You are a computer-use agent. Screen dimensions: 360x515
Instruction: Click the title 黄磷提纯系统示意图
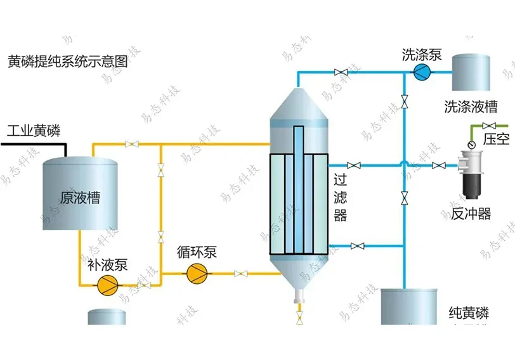(x=68, y=62)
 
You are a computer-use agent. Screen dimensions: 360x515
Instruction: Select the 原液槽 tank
(x=80, y=193)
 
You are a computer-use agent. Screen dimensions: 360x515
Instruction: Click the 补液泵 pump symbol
(x=103, y=285)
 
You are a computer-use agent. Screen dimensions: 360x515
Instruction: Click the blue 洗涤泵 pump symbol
(x=420, y=72)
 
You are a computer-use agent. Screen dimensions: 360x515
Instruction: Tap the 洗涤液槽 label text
(x=470, y=105)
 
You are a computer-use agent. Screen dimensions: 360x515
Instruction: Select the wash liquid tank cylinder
(x=470, y=72)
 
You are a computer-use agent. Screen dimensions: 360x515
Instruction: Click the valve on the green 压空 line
(x=489, y=125)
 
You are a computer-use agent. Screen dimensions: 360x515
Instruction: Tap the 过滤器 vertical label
(x=341, y=198)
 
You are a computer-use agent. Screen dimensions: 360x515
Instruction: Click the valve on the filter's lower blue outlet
(x=358, y=245)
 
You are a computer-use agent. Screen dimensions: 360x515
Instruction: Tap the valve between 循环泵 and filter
(x=240, y=274)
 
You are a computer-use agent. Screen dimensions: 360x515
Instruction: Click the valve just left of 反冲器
(x=438, y=166)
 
